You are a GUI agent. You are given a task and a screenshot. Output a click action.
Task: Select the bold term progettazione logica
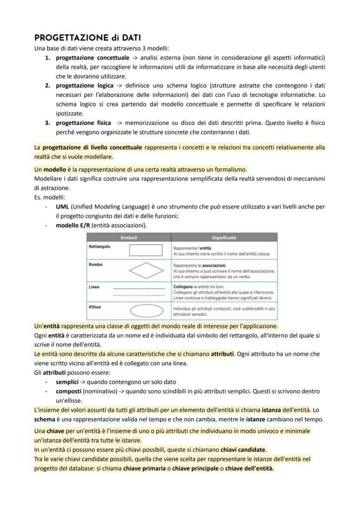coord(84,86)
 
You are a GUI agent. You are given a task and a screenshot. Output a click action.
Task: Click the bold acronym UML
coord(63,207)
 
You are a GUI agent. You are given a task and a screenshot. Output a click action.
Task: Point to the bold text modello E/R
coord(73,225)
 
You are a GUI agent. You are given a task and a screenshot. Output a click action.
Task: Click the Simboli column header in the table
coord(129,238)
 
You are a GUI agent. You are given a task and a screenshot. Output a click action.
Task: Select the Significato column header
coord(224,238)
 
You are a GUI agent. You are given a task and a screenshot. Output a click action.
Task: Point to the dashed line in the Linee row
coord(139,295)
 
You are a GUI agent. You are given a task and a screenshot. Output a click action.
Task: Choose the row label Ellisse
coord(95,307)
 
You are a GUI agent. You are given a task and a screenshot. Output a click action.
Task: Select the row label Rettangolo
coord(99,246)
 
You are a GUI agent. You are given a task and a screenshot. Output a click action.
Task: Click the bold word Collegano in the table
coord(183,287)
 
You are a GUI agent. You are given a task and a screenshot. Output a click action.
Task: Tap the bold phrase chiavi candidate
coord(243,449)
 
